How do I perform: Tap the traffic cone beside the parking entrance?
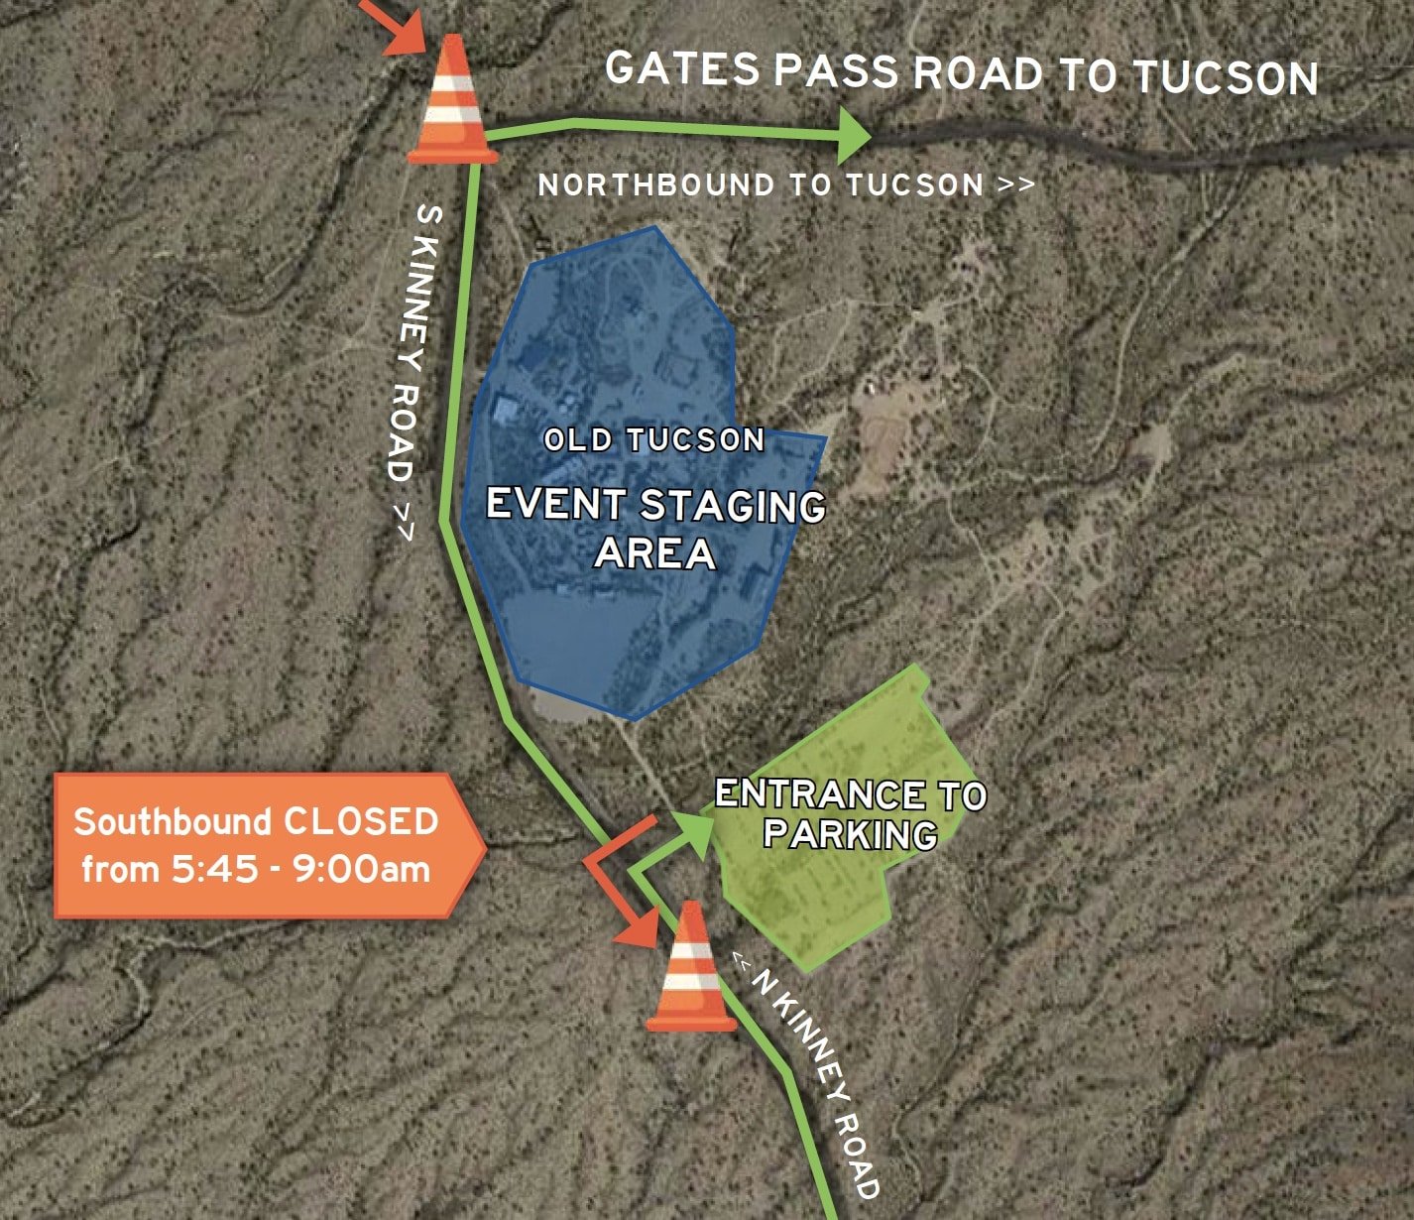pyautogui.click(x=691, y=970)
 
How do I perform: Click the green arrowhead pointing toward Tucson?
pyautogui.click(x=852, y=135)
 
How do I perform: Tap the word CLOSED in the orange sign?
pyautogui.click(x=361, y=821)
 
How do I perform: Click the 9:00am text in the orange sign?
pyautogui.click(x=366, y=870)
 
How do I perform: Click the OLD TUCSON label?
pyautogui.click(x=654, y=439)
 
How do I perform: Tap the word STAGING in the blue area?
pyautogui.click(x=733, y=506)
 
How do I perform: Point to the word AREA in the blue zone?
pyautogui.click(x=654, y=553)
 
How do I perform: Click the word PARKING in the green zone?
pyautogui.click(x=850, y=834)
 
